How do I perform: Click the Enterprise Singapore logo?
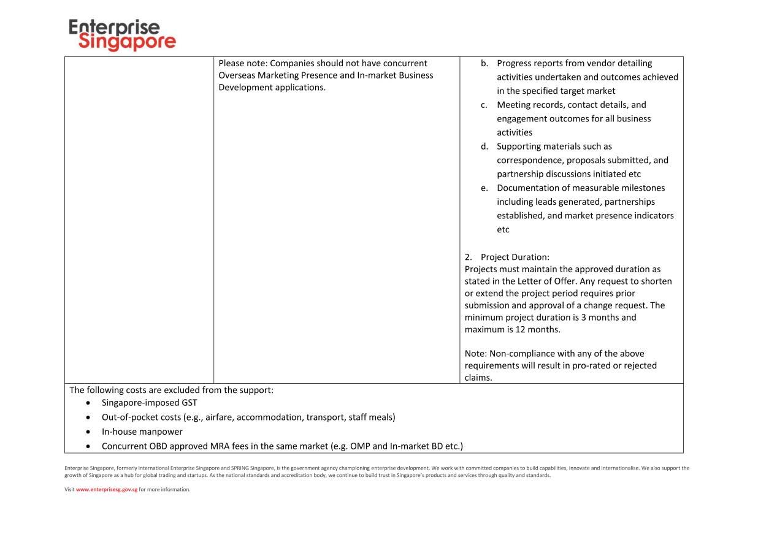pos(122,35)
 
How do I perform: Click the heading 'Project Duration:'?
pos(515,257)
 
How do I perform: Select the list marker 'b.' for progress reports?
pos(484,63)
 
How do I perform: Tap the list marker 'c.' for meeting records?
pos(484,105)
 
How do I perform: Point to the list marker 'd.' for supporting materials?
pos(484,147)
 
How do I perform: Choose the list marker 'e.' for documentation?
pos(484,188)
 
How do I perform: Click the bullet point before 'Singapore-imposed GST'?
pos(90,403)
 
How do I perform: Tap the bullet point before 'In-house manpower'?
pos(90,432)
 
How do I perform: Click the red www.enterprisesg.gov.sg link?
pos(107,489)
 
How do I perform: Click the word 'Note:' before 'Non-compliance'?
pos(475,354)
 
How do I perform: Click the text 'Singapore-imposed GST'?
pos(149,403)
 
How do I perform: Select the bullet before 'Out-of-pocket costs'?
pos(90,418)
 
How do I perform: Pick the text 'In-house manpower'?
pos(142,432)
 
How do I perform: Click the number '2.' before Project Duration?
pos(469,257)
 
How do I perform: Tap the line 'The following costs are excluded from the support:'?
pos(172,390)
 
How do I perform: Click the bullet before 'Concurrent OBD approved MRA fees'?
pos(90,446)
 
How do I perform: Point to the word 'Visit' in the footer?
pos(69,489)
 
